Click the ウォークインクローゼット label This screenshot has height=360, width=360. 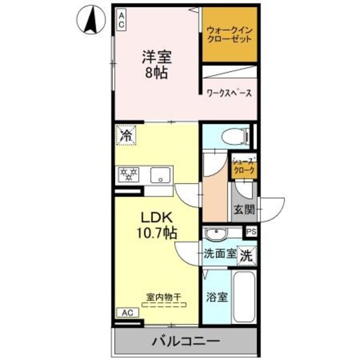tap(229, 34)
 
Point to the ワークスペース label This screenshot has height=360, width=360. tap(228, 93)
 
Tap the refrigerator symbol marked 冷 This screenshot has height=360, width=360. tap(127, 135)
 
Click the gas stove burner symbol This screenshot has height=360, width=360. tap(128, 176)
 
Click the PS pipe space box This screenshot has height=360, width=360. tap(250, 231)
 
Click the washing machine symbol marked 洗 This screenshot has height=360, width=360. tap(246, 256)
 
